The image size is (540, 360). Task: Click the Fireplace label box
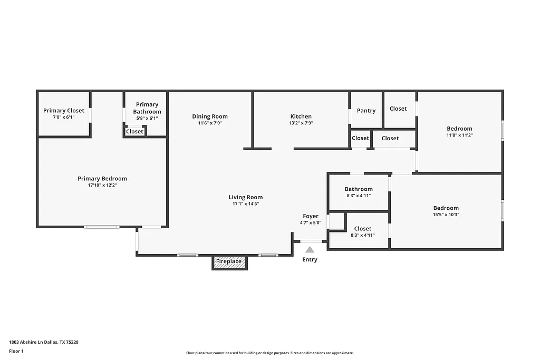229,261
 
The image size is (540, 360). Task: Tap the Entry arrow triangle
310,250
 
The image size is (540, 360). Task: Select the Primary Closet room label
64,111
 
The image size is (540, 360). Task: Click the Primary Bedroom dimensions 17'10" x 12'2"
102,186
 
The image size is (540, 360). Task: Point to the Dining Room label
210,116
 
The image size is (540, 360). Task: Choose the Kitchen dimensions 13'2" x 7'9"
301,123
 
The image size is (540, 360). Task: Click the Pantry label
366,111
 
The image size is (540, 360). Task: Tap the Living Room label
246,197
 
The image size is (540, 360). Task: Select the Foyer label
311,216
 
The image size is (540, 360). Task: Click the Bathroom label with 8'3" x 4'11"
359,189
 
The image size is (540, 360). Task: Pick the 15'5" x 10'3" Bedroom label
446,208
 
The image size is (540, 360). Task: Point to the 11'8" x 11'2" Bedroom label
459,129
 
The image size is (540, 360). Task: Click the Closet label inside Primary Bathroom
134,131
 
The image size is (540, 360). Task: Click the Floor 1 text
17,351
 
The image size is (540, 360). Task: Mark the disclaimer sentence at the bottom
269,353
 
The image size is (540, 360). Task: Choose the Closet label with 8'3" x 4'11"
363,229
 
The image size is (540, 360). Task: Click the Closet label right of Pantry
398,109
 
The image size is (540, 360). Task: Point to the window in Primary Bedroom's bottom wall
102,227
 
